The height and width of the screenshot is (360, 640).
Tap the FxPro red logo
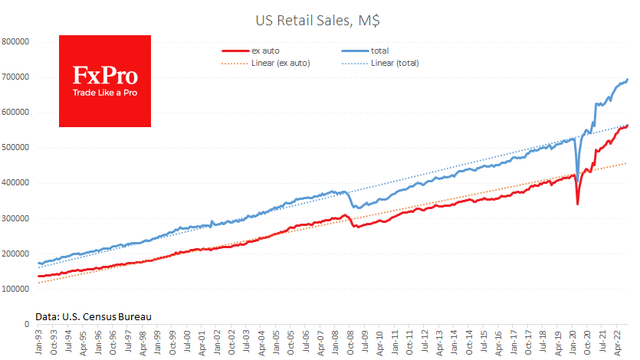tap(105, 80)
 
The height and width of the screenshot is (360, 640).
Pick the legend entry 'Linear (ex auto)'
tap(280, 62)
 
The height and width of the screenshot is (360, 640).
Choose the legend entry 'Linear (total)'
tap(394, 62)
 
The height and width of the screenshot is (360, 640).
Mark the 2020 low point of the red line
tap(577, 204)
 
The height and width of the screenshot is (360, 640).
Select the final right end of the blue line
tap(629, 80)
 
